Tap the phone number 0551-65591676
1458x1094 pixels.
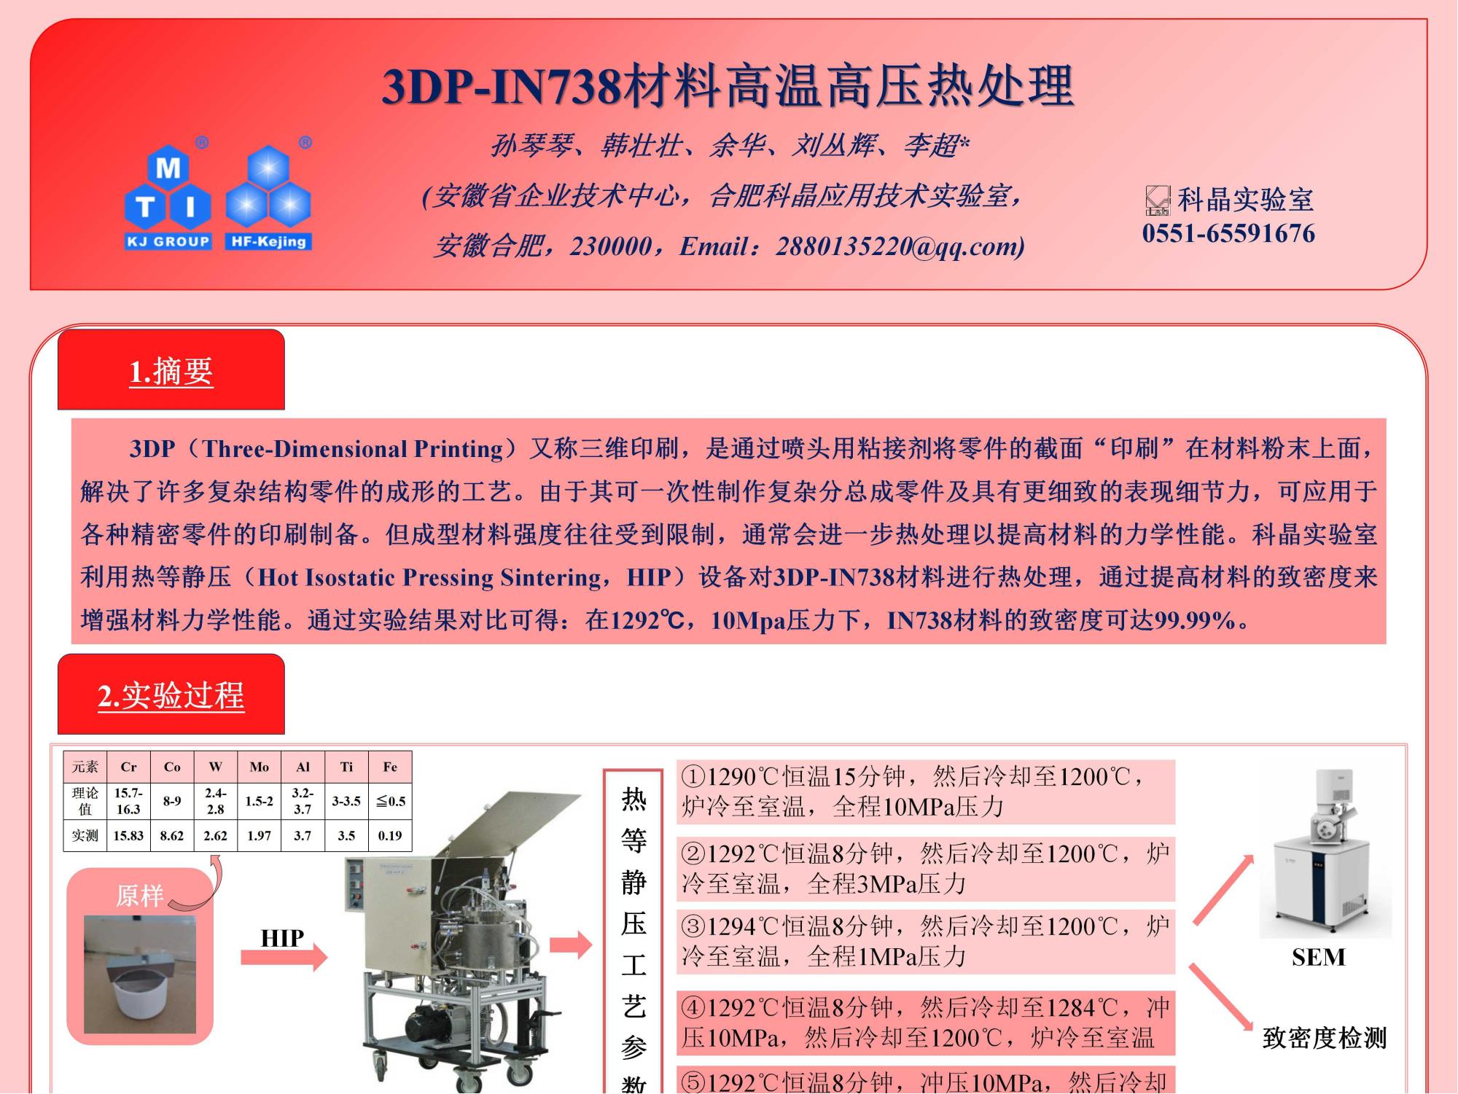pos(1228,234)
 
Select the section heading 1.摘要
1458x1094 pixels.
pos(171,371)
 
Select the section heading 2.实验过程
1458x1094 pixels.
pos(171,695)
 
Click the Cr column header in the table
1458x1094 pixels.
pos(128,767)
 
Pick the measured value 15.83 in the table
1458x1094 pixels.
pos(128,836)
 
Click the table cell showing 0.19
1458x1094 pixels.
pos(390,836)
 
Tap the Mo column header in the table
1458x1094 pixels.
pos(259,767)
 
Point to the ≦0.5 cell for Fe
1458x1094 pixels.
pos(391,801)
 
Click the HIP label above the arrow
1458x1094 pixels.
pos(282,938)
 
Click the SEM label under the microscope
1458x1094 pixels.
pos(1318,957)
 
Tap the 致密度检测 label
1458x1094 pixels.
pos(1324,1038)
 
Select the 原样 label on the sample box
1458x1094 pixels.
pos(140,895)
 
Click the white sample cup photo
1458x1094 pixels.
pos(140,974)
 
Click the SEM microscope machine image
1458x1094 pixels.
pos(1325,853)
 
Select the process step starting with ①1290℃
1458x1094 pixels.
pos(915,792)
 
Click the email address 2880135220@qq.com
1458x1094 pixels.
pos(900,246)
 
